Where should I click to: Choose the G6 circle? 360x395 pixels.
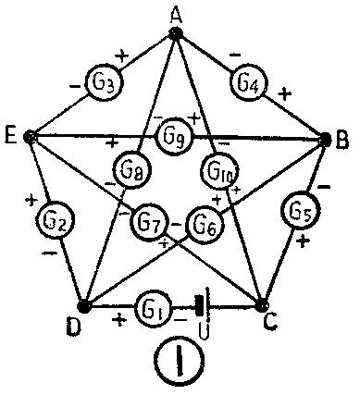click(x=204, y=223)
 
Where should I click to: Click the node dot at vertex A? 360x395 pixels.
click(x=175, y=34)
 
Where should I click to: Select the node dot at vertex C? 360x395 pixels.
click(x=262, y=305)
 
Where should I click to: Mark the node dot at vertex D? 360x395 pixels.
click(x=84, y=305)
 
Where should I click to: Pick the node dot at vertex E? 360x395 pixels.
click(x=31, y=136)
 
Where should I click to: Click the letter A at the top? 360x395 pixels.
click(x=176, y=13)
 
